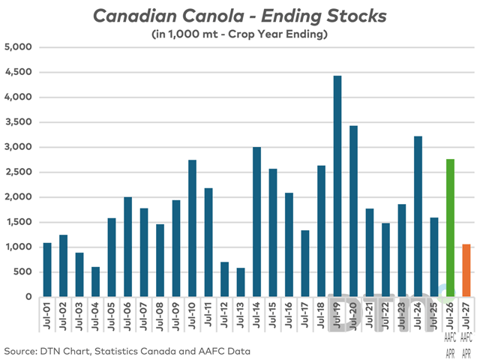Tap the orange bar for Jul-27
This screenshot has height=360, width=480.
coord(466,270)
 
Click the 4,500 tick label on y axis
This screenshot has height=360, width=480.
coord(20,73)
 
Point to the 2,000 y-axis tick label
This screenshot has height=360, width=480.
coord(20,197)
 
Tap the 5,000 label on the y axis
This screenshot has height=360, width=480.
coord(20,47)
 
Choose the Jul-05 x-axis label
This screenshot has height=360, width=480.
coord(112,315)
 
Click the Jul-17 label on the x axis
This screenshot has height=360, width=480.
coord(305,315)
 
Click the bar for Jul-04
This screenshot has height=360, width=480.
coord(95,281)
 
